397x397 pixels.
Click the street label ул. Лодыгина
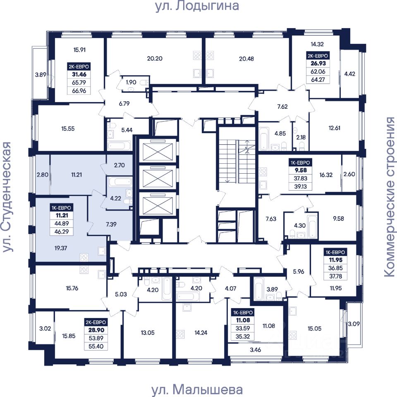pos(197,6)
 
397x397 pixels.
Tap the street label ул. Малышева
pos(197,390)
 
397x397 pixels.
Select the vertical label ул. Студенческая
pos(7,197)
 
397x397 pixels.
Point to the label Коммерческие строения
pos(390,197)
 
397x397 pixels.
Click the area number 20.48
pos(246,59)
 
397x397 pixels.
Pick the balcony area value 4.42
pos(350,74)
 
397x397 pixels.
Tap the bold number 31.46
pos(79,74)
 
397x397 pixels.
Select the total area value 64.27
pos(318,79)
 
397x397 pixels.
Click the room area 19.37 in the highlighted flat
pos(61,248)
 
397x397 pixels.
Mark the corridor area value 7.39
pos(111,224)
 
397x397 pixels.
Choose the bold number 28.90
pos(96,330)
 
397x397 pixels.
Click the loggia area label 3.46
pos(255,350)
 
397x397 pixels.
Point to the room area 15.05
pos(314,329)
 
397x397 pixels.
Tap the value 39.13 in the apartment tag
pos(301,187)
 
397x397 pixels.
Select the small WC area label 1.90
pos(131,82)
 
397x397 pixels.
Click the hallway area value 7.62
pos(282,107)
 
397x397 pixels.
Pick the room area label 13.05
pos(148,332)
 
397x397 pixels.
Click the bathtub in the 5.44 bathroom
pos(119,146)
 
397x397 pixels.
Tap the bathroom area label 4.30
pos(300,225)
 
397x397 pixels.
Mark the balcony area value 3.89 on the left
pos(41,75)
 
